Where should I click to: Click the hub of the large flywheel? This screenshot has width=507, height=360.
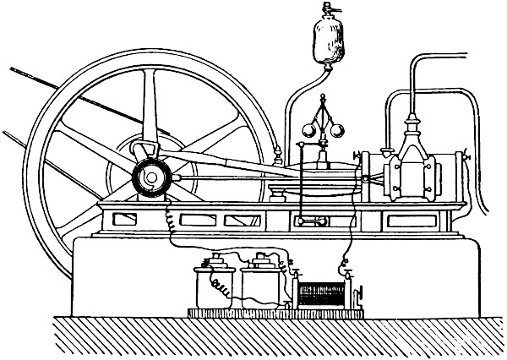coord(152,177)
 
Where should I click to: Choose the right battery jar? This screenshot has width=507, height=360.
coord(263,285)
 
